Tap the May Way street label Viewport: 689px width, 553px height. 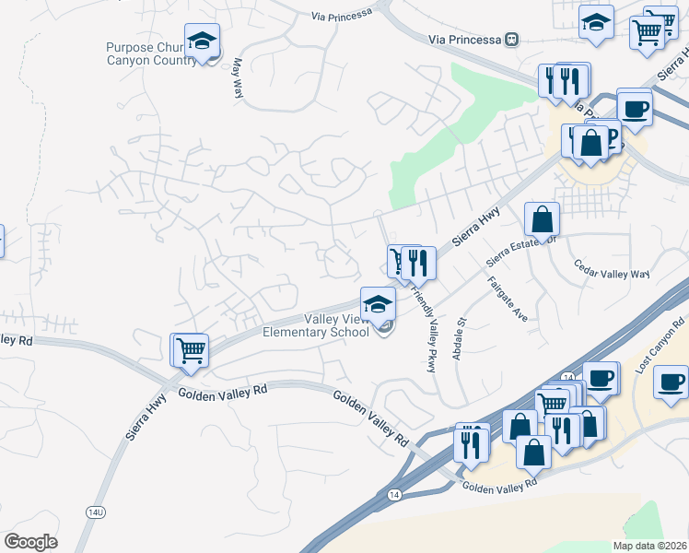tap(238, 79)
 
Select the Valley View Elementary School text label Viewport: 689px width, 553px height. tap(317, 325)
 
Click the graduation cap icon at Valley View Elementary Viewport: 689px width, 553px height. tap(377, 303)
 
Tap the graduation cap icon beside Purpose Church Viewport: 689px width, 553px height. tap(202, 41)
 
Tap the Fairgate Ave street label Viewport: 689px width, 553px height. tap(508, 299)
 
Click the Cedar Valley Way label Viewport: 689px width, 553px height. tap(612, 274)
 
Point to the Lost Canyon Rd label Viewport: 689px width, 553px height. tap(660, 345)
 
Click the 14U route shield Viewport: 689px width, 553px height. tap(96, 512)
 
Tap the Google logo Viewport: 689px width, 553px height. tap(30, 542)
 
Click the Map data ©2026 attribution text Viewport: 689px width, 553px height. tap(650, 546)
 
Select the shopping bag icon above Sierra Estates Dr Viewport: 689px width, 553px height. tap(542, 219)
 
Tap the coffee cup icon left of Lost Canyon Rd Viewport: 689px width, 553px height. tap(601, 378)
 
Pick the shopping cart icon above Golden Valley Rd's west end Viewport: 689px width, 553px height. tap(191, 350)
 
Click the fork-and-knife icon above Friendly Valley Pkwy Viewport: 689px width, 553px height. tap(418, 263)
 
